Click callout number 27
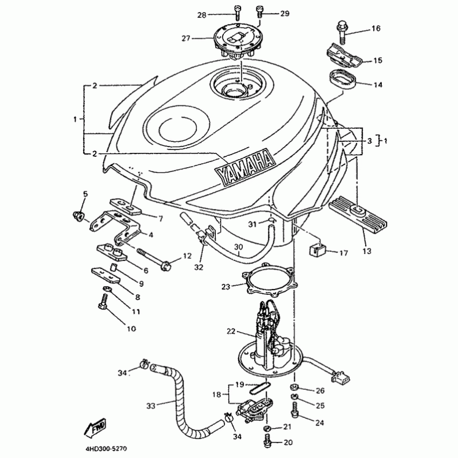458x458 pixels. (185, 38)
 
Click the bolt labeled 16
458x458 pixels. (342, 32)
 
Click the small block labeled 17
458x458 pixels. (316, 250)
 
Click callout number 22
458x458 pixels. (231, 331)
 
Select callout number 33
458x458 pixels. (151, 406)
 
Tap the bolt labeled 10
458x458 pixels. (104, 302)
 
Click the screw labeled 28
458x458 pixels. (237, 13)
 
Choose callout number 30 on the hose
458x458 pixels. (239, 247)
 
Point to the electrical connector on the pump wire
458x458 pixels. (340, 377)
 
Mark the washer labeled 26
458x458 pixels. (295, 388)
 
